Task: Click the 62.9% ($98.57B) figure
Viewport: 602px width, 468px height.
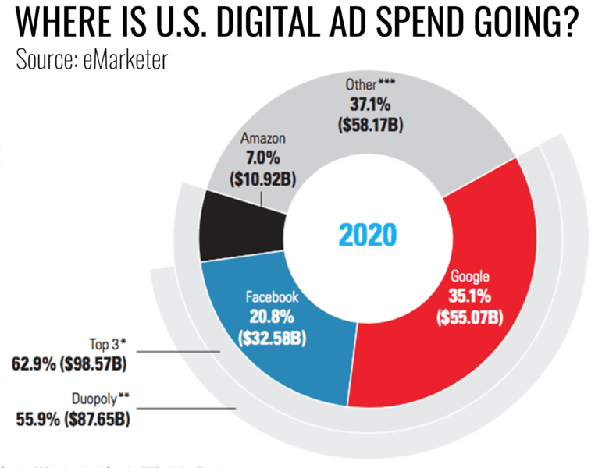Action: pos(70,363)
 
